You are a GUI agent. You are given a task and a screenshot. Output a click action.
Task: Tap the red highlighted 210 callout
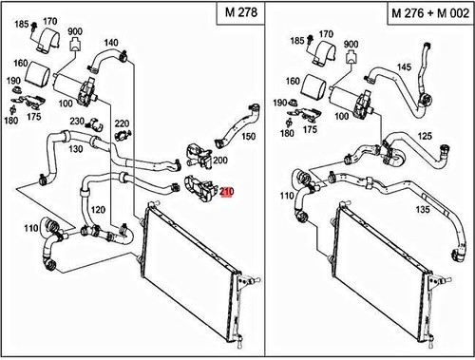226,191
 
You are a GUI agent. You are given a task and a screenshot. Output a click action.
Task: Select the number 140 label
111,43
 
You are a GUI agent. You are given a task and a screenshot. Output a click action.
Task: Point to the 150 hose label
249,136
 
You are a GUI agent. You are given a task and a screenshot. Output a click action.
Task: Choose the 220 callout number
122,123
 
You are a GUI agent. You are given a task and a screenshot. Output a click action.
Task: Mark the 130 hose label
75,149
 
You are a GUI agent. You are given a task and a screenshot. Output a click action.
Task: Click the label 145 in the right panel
402,66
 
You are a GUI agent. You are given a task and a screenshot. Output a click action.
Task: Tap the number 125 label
424,137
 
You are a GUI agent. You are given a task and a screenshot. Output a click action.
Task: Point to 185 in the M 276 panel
296,41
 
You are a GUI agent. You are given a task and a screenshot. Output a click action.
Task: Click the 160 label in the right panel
295,83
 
